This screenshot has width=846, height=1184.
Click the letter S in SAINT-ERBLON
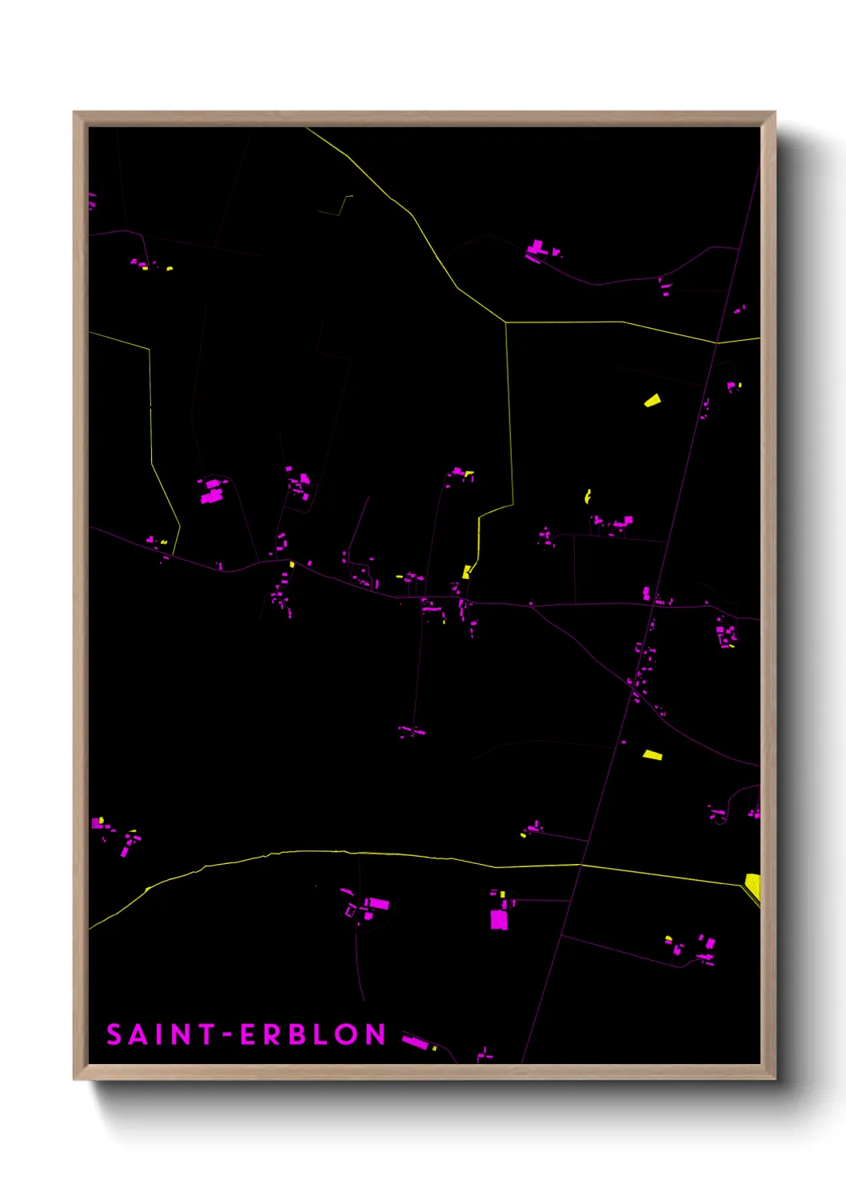click(114, 1034)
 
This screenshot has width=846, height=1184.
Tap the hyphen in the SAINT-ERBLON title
click(226, 1034)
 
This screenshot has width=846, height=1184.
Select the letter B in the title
click(297, 1034)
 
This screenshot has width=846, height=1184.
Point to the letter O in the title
click(347, 1034)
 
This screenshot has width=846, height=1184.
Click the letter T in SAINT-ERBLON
click(206, 1034)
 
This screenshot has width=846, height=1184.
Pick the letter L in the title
click(321, 1034)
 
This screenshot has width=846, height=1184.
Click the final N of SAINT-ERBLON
click(376, 1034)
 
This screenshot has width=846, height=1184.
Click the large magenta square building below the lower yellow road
click(498, 920)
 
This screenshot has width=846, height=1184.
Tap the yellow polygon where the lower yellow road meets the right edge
click(753, 885)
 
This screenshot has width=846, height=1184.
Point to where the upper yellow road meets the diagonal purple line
click(716, 342)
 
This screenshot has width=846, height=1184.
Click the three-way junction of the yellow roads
click(506, 322)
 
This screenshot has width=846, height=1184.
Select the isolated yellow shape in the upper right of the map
click(652, 400)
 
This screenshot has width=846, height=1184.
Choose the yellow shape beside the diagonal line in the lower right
click(652, 754)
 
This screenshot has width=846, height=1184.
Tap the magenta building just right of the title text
click(414, 1041)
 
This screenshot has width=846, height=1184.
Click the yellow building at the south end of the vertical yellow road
click(466, 572)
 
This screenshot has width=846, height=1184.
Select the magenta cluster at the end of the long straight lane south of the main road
click(412, 731)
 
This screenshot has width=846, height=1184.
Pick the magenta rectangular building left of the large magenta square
click(377, 904)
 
